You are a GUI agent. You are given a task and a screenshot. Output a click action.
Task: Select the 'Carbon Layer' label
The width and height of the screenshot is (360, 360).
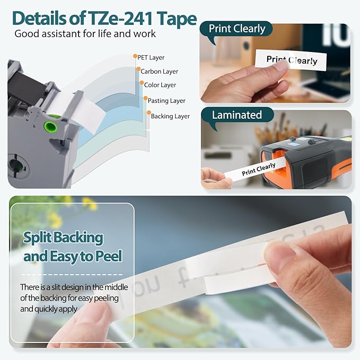[159, 71]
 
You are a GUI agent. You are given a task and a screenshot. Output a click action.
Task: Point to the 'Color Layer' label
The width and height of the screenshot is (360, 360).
[160, 85]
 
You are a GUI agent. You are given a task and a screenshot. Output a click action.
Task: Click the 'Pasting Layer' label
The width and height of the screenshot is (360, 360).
[166, 101]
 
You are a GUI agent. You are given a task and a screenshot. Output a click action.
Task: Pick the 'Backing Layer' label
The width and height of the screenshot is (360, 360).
[170, 116]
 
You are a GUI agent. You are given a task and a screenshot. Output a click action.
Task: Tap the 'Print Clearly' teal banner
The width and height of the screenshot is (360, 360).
[236, 29]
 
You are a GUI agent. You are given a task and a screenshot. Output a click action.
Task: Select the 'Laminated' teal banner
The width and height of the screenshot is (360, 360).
[236, 115]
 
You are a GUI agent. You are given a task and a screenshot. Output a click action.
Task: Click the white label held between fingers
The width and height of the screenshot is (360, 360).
[291, 60]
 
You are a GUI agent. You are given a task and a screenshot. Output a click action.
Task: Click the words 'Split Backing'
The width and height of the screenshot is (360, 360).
[63, 238]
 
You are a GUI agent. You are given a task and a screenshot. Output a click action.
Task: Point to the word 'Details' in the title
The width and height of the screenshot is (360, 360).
[41, 19]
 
